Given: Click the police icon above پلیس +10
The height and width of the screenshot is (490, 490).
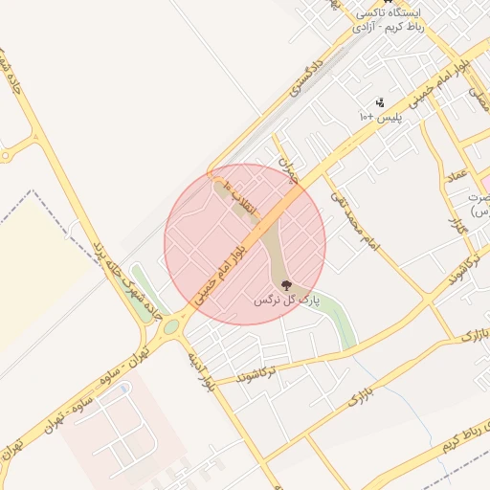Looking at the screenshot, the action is (380, 102).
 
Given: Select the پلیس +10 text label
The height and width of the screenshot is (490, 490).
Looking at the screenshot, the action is (380, 116).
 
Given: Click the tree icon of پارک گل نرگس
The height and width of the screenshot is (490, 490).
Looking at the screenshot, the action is (285, 284).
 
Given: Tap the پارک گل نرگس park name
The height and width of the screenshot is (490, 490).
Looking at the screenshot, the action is (284, 300).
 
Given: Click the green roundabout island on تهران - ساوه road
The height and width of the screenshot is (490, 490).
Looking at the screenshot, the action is (171, 328).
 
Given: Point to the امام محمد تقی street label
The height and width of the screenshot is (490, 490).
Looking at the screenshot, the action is (355, 219).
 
